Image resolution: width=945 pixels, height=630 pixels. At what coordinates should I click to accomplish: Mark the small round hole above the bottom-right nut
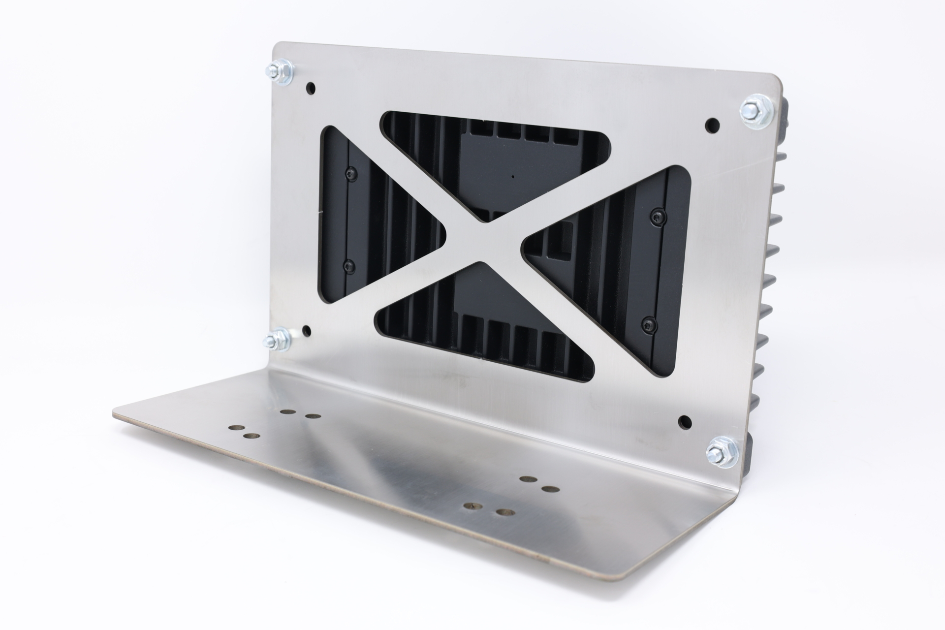click(684, 421)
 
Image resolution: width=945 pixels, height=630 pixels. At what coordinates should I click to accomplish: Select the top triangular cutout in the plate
click(492, 157)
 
